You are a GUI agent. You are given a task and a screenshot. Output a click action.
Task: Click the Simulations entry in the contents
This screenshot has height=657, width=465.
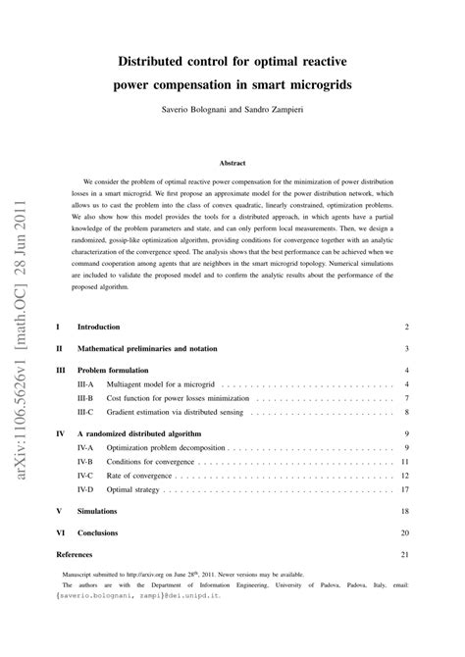[97, 511]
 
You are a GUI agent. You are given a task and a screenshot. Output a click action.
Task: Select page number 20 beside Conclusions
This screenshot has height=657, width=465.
[404, 532]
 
